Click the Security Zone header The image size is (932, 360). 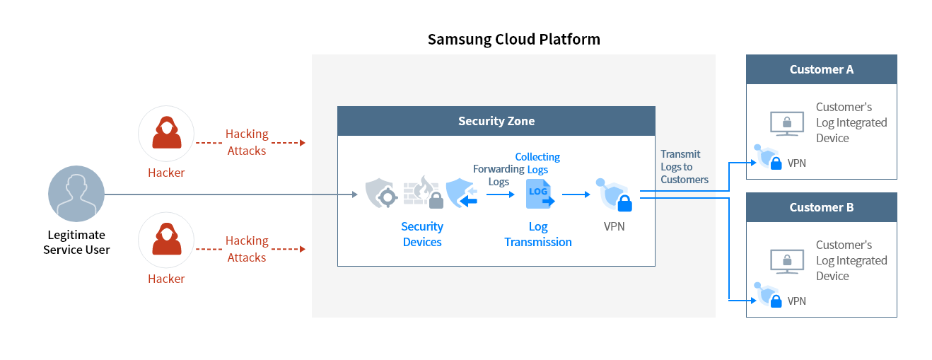[496, 121]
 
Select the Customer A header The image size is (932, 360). [821, 69]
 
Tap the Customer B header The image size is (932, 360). [821, 207]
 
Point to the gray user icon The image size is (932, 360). [76, 194]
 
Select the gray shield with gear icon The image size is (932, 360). [382, 193]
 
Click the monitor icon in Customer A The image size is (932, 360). [787, 123]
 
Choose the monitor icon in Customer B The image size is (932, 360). [787, 261]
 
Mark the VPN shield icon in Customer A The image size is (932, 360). [768, 158]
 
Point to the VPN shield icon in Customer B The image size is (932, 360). [768, 296]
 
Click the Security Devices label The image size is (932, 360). [422, 234]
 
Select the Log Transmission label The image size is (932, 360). [538, 234]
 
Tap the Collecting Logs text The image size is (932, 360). [537, 163]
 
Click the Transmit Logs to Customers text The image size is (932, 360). [684, 167]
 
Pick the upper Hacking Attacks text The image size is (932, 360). [247, 142]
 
